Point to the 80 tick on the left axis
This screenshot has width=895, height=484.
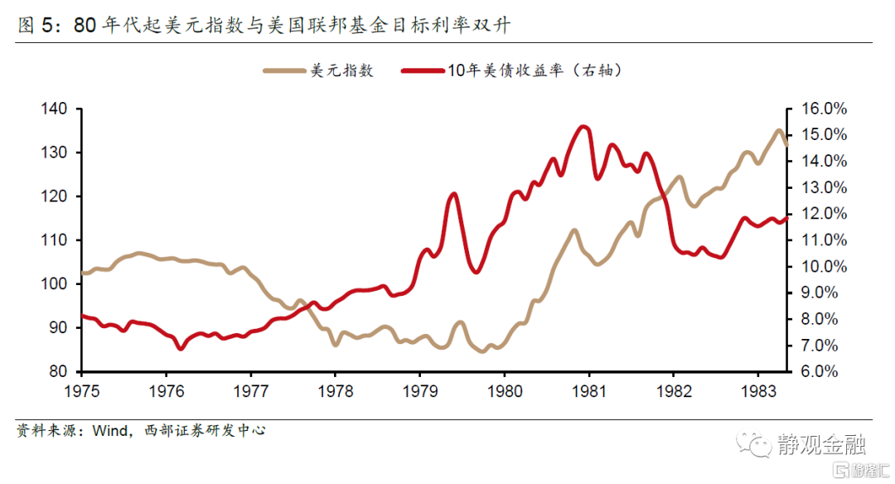[x=58, y=371]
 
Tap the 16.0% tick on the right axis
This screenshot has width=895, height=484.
[x=823, y=109]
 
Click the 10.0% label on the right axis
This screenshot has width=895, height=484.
[x=823, y=266]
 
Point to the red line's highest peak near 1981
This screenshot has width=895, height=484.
[x=584, y=127]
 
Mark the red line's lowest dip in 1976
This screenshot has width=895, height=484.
[x=180, y=349]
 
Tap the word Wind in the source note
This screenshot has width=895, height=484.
[x=109, y=431]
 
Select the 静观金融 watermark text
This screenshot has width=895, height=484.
[x=820, y=445]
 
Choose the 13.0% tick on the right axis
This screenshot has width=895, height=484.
[x=823, y=187]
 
